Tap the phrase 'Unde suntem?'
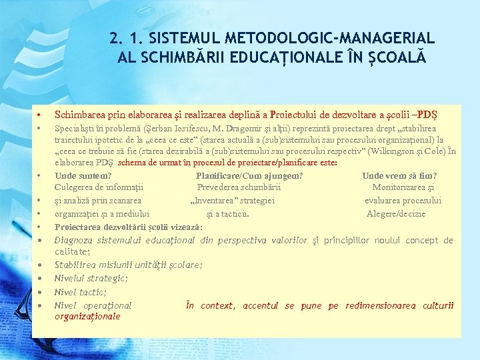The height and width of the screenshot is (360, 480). tap(83, 176)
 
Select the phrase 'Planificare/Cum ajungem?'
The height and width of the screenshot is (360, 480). tap(249, 176)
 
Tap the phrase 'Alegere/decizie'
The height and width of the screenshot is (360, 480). tap(396, 214)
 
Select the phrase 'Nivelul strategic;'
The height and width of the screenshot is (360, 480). tap(91, 279)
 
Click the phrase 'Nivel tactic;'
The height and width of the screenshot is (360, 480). tap(81, 292)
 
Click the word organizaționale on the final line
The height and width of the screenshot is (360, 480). tap(87, 317)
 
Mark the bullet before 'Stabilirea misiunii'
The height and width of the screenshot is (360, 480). tap(40, 265)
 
